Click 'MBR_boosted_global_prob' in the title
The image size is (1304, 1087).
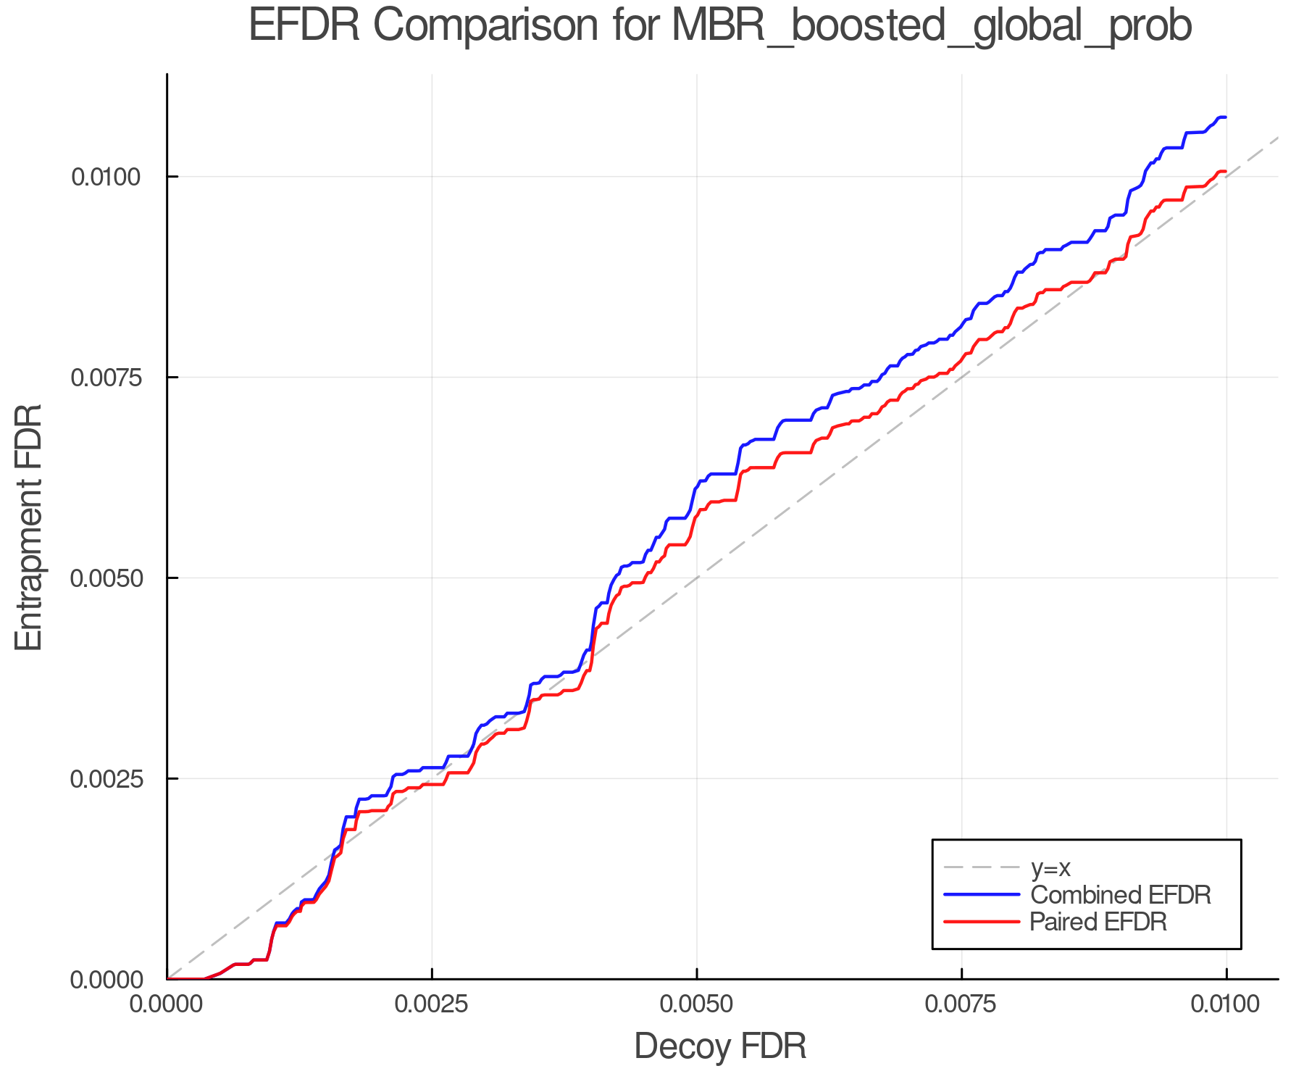coord(932,28)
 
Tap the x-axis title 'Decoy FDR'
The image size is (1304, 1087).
coord(720,1046)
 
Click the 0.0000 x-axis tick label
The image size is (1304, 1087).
coord(167,1004)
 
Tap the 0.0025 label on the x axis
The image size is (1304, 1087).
coord(432,1004)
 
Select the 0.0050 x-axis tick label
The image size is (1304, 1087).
coord(696,1004)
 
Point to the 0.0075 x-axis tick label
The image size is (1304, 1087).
coord(961,1004)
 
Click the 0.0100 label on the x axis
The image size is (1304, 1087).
coord(1226,1004)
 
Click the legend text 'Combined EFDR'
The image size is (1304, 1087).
coord(1120,895)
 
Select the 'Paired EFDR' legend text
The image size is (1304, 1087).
coord(1098,922)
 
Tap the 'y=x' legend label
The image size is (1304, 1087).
coord(1050,867)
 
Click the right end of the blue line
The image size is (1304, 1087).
coord(1225,117)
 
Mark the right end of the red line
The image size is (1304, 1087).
coord(1225,172)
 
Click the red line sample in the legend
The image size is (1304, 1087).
coord(982,922)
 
